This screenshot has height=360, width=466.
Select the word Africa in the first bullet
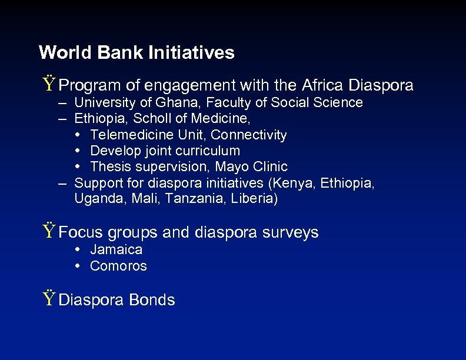tap(324, 85)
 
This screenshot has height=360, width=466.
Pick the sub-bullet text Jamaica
tap(116, 249)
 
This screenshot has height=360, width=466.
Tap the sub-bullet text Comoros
tap(118, 266)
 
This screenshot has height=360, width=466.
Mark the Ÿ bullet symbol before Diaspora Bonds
tap(49, 299)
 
